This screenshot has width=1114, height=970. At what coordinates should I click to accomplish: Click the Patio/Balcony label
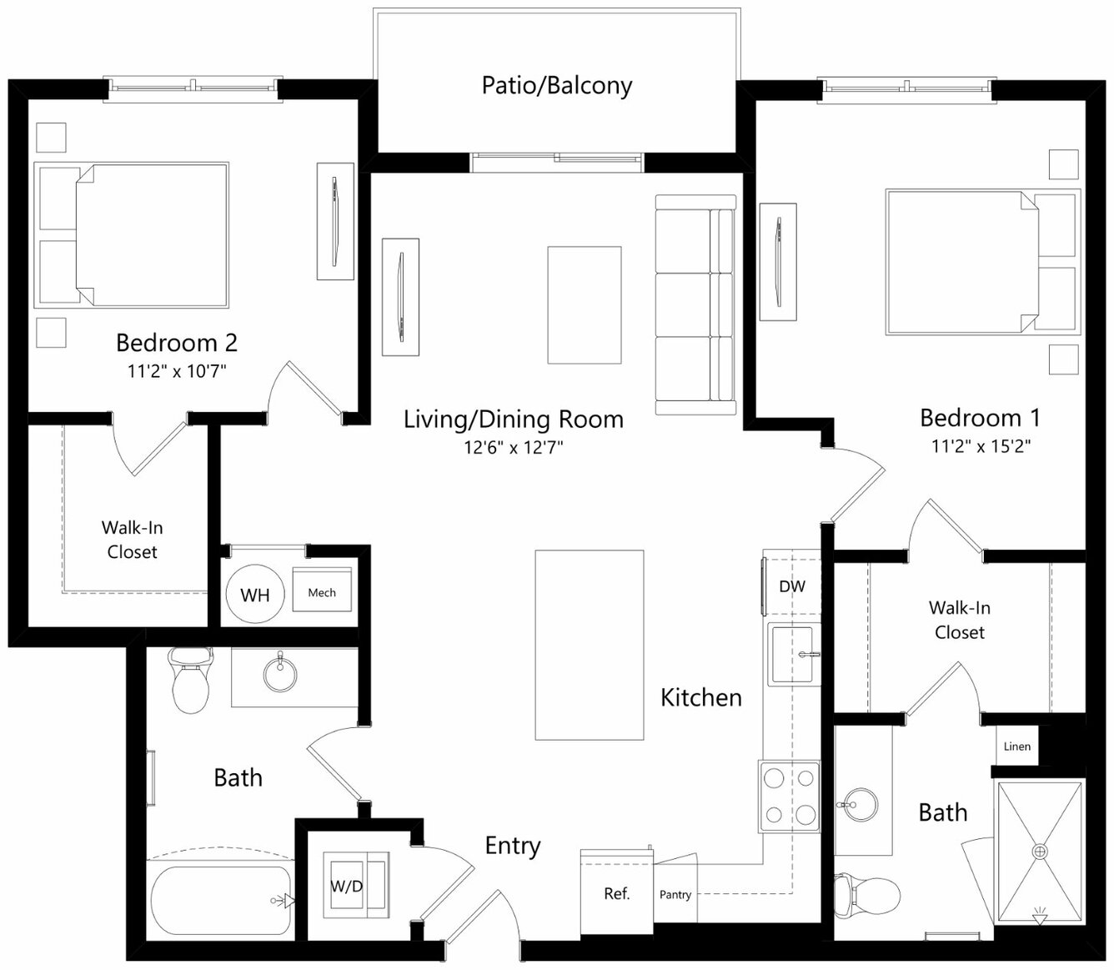[x=556, y=86]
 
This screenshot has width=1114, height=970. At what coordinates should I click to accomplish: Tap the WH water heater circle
[x=255, y=594]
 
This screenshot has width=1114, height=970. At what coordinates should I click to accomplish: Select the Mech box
[x=322, y=590]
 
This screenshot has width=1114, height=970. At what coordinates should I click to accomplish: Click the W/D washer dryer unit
[x=356, y=885]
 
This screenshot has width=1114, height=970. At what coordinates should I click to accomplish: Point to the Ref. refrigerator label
[x=616, y=893]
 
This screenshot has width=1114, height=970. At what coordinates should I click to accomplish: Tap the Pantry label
[x=675, y=894]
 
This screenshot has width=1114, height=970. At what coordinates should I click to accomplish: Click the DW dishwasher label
[x=792, y=586]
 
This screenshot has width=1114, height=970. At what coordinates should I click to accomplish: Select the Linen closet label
[x=1017, y=746]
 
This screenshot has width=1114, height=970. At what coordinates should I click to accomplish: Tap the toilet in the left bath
[x=191, y=680]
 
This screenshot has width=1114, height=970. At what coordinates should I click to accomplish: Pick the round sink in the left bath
[x=280, y=673]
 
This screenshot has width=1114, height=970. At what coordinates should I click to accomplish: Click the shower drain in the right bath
[x=1039, y=851]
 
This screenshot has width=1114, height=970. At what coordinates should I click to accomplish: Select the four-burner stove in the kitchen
[x=790, y=797]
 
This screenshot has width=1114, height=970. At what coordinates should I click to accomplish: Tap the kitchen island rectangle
[x=590, y=646]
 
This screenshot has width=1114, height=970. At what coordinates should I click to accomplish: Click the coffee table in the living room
[x=585, y=305]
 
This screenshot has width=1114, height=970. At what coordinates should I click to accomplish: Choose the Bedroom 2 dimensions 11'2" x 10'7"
[x=177, y=371]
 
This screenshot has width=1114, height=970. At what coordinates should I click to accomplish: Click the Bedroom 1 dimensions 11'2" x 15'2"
[x=981, y=446]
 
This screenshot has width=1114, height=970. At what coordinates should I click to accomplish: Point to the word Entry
[x=513, y=846]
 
